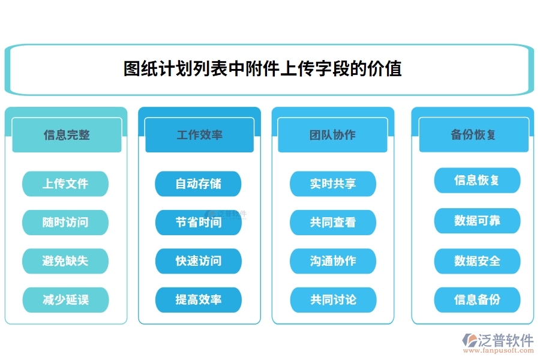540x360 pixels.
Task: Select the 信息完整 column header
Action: click(67, 135)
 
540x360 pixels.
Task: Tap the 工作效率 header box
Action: click(199, 135)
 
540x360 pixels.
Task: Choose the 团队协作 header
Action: click(332, 135)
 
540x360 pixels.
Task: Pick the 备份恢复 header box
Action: click(473, 135)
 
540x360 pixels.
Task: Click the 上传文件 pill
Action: click(65, 184)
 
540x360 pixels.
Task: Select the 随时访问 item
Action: click(65, 222)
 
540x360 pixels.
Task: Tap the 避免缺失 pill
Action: click(65, 261)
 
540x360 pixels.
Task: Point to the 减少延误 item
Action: click(65, 299)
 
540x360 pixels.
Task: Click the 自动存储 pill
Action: click(198, 184)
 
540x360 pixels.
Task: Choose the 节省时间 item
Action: click(198, 222)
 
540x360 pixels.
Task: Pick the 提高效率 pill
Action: click(198, 299)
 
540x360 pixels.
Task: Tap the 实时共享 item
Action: click(333, 184)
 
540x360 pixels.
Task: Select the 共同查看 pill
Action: click(333, 222)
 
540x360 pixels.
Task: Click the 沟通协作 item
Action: click(333, 261)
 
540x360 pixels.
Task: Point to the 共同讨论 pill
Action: click(333, 299)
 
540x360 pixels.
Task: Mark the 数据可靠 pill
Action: click(477, 221)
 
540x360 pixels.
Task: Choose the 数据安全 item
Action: click(477, 261)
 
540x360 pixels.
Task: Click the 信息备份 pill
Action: click(477, 299)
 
